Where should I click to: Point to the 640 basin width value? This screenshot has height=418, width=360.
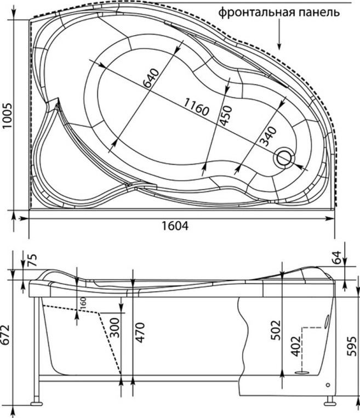(x=148, y=78)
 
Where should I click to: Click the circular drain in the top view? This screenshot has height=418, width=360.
(x=284, y=157)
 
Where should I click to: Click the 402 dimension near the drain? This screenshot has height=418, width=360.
(x=296, y=347)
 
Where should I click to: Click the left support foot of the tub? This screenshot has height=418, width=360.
(x=37, y=403)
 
